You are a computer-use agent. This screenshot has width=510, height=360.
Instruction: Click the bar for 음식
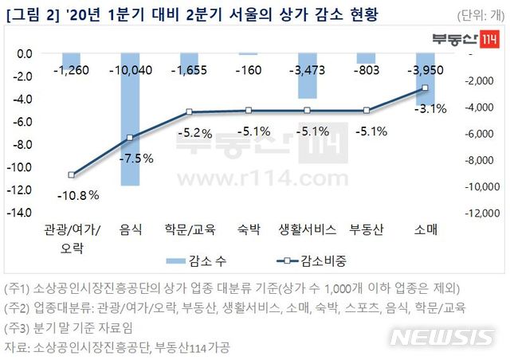coord(131,119)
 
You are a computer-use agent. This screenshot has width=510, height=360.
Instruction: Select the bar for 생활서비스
coord(308,76)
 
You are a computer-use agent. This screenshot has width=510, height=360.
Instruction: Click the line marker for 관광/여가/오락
coord(72,174)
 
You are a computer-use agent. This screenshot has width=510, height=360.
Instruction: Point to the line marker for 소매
coord(425,88)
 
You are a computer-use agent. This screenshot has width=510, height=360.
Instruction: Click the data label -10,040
coord(131,70)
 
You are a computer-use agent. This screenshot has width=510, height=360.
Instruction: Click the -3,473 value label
coord(308,70)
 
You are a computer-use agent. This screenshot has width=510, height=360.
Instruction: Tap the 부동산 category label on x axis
coord(367,230)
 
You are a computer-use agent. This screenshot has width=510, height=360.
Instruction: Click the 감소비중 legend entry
coord(312,260)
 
